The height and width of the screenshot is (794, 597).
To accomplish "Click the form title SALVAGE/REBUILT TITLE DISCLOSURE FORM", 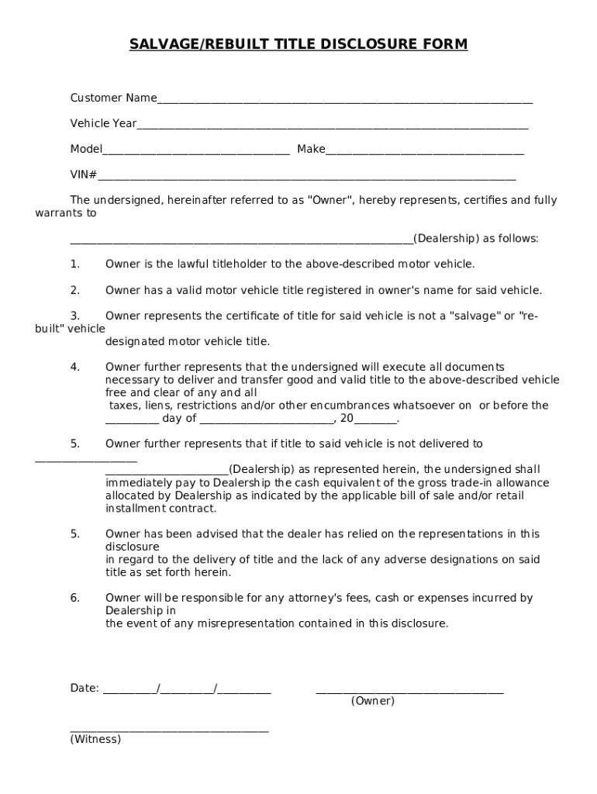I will point(298,44).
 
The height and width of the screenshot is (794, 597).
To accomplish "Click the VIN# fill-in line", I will point(306,177).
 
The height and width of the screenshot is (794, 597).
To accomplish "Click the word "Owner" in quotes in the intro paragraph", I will point(331,200).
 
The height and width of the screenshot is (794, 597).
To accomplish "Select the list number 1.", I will point(75,264).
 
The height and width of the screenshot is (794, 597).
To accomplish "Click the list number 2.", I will point(75,290).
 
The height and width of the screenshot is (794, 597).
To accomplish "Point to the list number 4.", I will point(75,367).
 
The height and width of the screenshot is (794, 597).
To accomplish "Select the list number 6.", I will point(75,598).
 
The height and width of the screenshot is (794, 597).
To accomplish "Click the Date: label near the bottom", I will point(85,688).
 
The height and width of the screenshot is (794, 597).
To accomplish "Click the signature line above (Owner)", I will point(409,689).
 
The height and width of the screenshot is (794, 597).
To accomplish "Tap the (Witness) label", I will point(95,739).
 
